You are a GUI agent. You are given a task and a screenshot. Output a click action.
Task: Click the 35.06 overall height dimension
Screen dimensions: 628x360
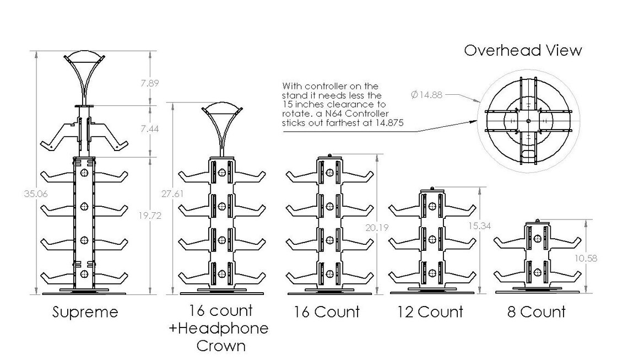[36, 194]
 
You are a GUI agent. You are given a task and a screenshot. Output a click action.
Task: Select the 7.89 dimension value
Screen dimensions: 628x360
[150, 83]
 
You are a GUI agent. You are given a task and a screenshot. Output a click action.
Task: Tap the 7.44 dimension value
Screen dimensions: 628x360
[150, 128]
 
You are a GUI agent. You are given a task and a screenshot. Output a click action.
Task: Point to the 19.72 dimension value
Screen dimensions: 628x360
[150, 215]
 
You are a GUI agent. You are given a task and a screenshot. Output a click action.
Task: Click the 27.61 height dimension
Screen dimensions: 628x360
[172, 194]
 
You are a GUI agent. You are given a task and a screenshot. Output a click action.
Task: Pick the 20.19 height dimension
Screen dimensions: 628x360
[377, 228]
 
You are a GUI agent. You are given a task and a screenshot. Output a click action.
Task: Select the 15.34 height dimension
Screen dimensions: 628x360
[479, 225]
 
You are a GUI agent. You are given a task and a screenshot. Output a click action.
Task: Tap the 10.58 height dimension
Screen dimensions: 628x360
[586, 258]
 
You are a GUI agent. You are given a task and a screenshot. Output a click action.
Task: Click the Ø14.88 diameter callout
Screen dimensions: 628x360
[426, 95]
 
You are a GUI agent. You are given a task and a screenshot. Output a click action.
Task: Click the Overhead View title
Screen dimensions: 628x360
[523, 50]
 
